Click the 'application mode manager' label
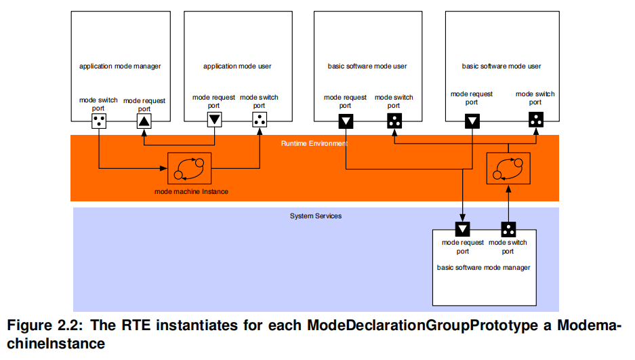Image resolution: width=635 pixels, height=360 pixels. click(120, 66)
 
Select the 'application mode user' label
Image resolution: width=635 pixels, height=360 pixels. click(237, 66)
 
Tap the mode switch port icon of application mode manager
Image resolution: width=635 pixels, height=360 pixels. click(100, 121)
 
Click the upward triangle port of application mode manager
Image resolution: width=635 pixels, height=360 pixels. click(144, 121)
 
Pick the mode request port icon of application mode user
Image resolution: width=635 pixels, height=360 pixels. click(214, 120)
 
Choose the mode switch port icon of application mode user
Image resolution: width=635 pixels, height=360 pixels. click(260, 120)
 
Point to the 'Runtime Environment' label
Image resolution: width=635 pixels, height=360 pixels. click(314, 144)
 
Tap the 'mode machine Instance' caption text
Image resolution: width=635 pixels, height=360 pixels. click(192, 192)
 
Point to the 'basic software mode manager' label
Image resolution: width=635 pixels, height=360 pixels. click(483, 268)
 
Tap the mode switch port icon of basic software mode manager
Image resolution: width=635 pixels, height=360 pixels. click(508, 228)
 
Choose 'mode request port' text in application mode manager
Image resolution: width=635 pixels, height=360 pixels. click(144, 104)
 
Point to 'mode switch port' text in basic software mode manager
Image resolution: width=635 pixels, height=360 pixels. click(508, 246)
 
